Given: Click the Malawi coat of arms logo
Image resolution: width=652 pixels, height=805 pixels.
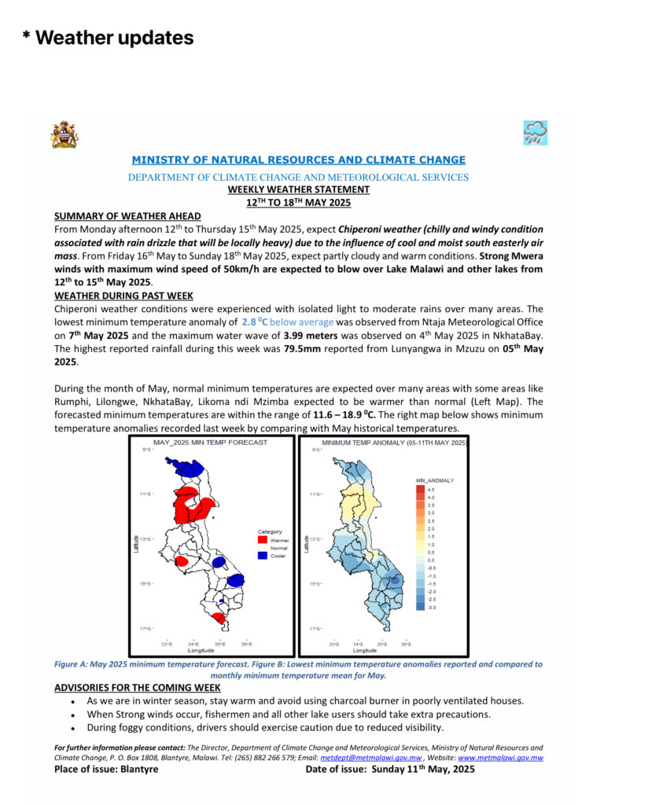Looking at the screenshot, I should click(x=64, y=134).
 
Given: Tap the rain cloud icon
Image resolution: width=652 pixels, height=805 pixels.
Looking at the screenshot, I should click(x=535, y=133).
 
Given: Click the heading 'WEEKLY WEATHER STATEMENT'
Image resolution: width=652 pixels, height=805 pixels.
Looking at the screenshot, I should click(x=298, y=189).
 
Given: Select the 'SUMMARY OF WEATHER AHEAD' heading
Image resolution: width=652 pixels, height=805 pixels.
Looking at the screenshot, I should click(x=127, y=216).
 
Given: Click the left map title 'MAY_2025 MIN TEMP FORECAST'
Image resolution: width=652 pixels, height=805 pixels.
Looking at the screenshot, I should click(x=210, y=443).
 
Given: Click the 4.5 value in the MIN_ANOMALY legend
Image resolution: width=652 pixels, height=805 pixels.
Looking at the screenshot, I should click(x=432, y=488).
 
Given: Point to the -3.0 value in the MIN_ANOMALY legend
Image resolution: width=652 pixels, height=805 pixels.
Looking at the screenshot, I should click(x=432, y=608).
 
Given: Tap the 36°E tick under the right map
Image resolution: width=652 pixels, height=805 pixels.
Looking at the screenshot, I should click(x=406, y=645).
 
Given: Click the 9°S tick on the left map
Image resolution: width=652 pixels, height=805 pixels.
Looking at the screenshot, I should click(x=146, y=450).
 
